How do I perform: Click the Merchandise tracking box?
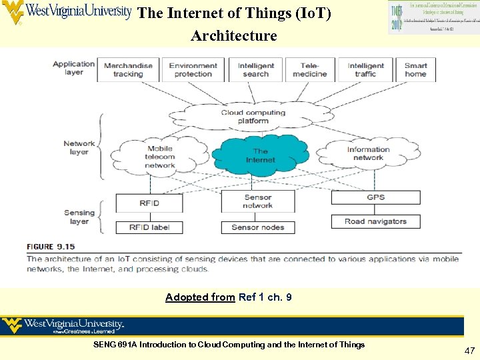pyautogui.click(x=128, y=69)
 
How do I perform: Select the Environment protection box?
pyautogui.click(x=193, y=69)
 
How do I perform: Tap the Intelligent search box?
pyautogui.click(x=256, y=69)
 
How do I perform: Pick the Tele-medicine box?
pyautogui.click(x=310, y=69)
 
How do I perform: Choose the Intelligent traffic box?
pyautogui.click(x=366, y=69)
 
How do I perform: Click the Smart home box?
pyautogui.click(x=415, y=69)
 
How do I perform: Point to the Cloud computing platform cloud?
pyautogui.click(x=253, y=117)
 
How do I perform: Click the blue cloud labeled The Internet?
pyautogui.click(x=261, y=155)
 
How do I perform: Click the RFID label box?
pyautogui.click(x=150, y=227)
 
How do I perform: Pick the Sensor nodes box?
pyautogui.click(x=258, y=227)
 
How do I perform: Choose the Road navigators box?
pyautogui.click(x=376, y=221)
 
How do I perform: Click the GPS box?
pyautogui.click(x=376, y=197)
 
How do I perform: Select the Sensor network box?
pyautogui.click(x=258, y=201)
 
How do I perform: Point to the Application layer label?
pyautogui.click(x=74, y=68)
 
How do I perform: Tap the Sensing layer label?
pyautogui.click(x=79, y=217)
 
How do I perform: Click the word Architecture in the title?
pyautogui.click(x=233, y=35)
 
